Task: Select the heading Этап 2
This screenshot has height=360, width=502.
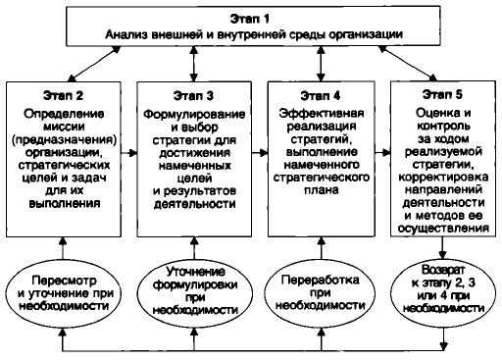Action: click(x=65, y=97)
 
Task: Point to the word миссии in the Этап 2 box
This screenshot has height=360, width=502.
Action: click(x=65, y=126)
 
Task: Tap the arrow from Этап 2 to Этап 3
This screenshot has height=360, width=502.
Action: click(x=134, y=154)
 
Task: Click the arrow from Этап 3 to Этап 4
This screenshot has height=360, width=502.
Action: click(x=259, y=154)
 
